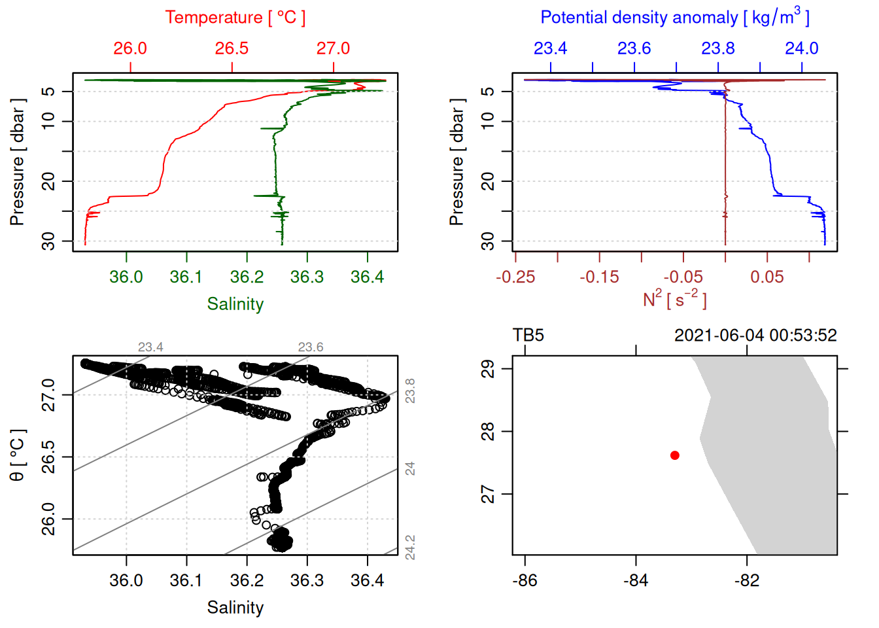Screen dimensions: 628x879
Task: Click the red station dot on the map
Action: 675,455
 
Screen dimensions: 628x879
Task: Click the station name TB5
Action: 528,336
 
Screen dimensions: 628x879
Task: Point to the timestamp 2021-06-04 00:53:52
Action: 755,336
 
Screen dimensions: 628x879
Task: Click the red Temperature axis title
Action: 235,18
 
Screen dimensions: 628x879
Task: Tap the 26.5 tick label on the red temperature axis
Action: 232,48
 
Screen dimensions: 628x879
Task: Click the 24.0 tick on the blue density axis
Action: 802,48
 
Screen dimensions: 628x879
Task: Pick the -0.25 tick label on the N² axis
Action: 515,277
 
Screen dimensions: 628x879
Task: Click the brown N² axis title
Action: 675,299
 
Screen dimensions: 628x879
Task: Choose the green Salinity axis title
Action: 235,304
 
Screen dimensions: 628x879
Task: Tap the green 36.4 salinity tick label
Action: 368,277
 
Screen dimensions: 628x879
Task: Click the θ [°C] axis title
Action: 18,455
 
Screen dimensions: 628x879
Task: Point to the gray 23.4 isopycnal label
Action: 150,347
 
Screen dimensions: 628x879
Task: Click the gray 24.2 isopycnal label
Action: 410,548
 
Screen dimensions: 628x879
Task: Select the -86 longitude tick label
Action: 525,581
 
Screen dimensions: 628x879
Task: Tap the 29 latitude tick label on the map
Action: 488,369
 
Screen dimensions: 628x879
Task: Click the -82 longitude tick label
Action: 747,581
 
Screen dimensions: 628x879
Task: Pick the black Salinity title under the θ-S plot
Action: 235,608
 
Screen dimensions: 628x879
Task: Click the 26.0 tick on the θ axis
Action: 48,519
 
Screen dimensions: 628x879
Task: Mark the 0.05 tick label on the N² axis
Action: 767,277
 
